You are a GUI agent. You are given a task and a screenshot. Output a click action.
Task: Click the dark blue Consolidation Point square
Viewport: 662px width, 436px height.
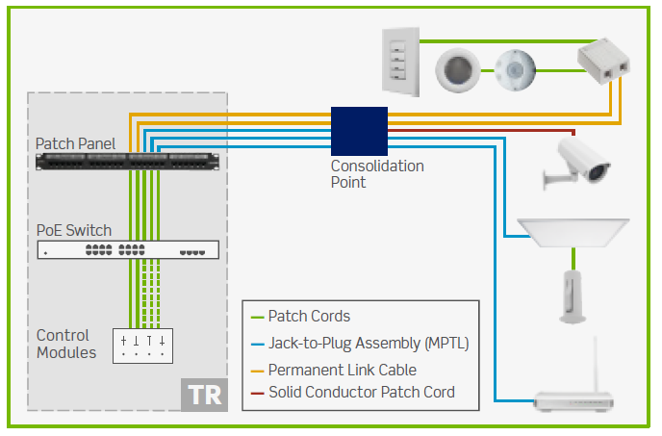tap(359, 131)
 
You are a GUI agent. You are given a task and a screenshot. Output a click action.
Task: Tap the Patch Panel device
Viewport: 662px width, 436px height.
tap(128, 162)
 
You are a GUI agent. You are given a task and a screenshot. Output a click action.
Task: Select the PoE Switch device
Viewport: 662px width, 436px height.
tap(128, 249)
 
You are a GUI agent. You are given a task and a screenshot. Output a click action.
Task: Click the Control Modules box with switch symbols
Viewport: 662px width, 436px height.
tap(142, 346)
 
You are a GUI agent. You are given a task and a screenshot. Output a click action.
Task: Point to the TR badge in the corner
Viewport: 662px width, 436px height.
tap(204, 395)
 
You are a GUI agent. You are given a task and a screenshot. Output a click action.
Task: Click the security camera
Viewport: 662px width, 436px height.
tap(576, 163)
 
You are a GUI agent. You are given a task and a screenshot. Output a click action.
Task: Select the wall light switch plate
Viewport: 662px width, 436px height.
tap(400, 62)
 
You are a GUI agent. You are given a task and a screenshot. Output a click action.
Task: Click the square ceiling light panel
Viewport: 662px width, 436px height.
tap(573, 232)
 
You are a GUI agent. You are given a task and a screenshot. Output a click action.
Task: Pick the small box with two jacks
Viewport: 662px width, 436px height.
tap(603, 61)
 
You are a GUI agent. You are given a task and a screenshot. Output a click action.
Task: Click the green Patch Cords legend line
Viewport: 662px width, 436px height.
tap(257, 317)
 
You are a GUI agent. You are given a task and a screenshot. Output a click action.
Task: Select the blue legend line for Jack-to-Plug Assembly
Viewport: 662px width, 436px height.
tap(257, 345)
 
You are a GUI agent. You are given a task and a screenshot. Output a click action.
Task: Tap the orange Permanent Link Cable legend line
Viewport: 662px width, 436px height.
tap(257, 372)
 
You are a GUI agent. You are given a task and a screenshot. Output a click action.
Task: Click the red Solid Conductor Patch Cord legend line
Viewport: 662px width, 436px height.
tap(257, 394)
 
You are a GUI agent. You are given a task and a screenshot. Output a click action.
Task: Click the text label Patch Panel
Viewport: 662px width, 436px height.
tap(75, 143)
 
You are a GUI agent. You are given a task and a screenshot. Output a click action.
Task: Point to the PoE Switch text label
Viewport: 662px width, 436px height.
tap(74, 230)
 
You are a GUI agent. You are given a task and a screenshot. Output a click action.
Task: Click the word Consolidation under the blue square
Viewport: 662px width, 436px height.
tap(377, 167)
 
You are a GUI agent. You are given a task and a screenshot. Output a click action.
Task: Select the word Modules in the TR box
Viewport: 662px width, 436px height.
tap(66, 352)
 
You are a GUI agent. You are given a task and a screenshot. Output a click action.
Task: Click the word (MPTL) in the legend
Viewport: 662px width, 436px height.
tap(447, 344)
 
